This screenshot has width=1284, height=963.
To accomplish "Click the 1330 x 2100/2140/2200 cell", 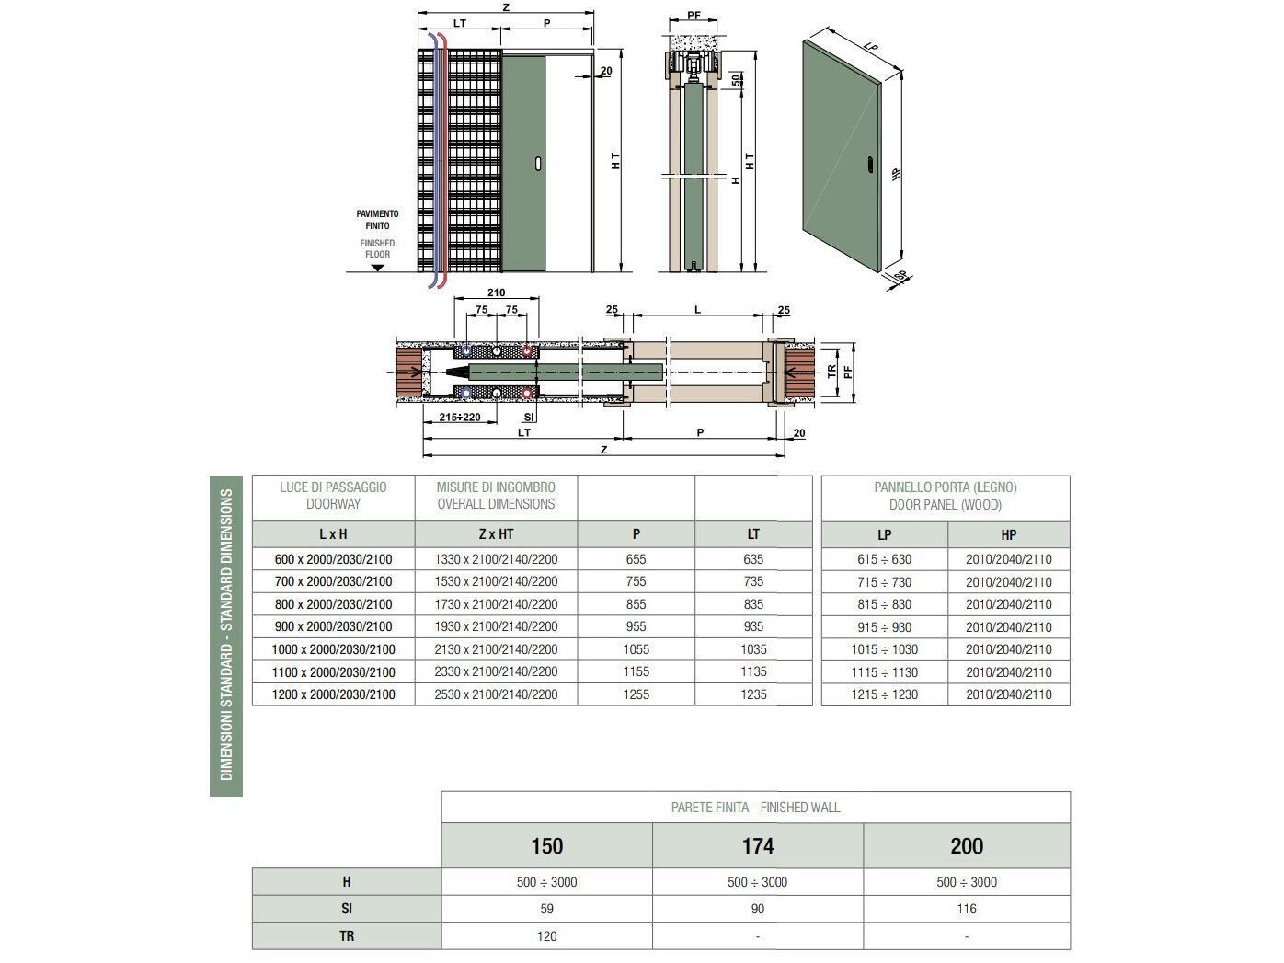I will (496, 559).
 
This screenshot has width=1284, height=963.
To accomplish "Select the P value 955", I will (636, 626).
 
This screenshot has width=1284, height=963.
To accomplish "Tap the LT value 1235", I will (753, 694).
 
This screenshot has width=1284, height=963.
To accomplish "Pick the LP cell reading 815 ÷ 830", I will (884, 604).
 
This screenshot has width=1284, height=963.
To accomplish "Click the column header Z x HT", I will (496, 534).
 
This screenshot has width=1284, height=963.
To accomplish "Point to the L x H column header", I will (333, 534).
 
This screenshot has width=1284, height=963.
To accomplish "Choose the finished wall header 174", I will (758, 846).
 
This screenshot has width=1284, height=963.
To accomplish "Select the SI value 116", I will (966, 909).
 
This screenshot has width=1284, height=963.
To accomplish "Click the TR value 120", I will (546, 936).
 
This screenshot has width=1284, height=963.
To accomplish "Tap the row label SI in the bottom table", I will (347, 909).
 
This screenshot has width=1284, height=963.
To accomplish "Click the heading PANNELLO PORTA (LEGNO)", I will (945, 487).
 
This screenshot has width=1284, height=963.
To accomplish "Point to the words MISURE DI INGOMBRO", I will (496, 487).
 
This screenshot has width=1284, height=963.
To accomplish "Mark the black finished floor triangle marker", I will (377, 268).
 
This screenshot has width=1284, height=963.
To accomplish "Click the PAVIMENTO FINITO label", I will (377, 220).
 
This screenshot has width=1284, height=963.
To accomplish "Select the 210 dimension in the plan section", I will (496, 293).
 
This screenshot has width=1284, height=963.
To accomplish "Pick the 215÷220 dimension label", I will (460, 418).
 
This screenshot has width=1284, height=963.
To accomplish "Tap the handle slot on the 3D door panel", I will (870, 166).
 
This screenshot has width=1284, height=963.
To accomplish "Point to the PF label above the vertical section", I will (694, 16).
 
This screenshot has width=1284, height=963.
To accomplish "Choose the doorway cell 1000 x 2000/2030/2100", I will (333, 649).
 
